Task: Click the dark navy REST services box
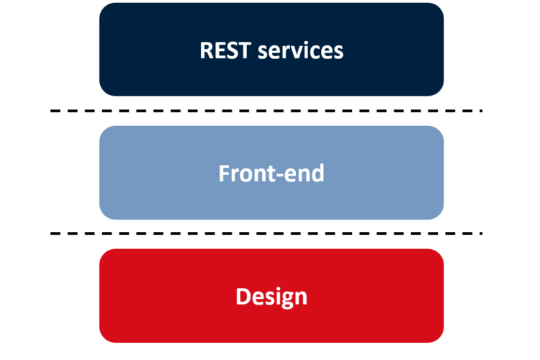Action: (x=271, y=49)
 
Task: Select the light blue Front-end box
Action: (x=271, y=173)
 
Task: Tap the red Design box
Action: (x=271, y=296)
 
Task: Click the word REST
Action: (x=225, y=50)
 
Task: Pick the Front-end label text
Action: (x=271, y=173)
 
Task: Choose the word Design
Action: (x=271, y=297)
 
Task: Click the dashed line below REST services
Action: (x=266, y=111)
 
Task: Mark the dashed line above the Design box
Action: (x=266, y=233)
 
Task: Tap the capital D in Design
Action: (x=243, y=296)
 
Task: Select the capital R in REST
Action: (x=207, y=50)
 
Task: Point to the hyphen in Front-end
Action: (x=279, y=176)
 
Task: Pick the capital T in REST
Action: (x=244, y=50)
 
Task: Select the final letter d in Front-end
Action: (x=317, y=173)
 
